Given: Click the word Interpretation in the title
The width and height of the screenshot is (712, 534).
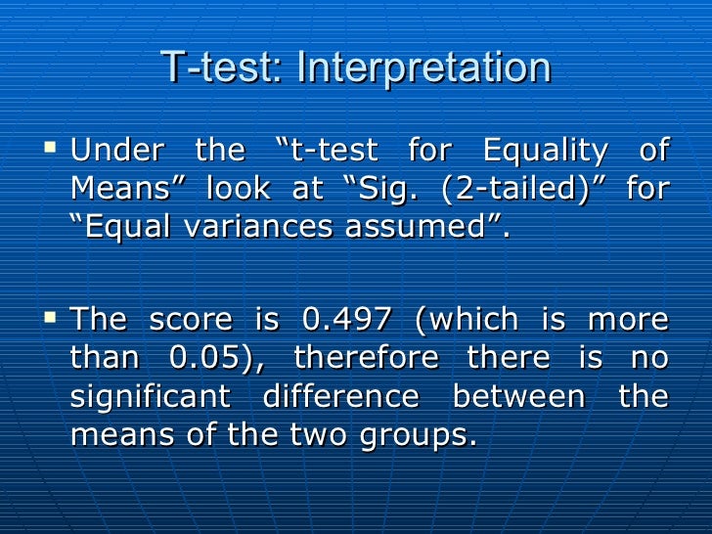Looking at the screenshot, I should click(x=423, y=68).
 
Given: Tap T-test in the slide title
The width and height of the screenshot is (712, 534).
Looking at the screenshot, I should click(x=221, y=68).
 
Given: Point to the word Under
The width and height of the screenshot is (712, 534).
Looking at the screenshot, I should click(x=116, y=152).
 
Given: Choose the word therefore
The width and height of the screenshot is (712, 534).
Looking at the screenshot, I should click(x=366, y=357).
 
